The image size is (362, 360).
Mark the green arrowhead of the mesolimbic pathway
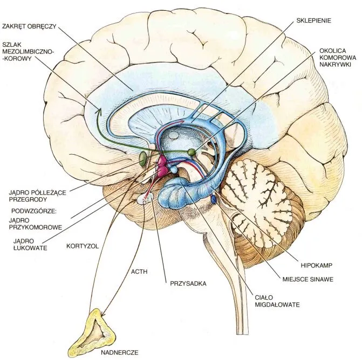pos(99,111)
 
